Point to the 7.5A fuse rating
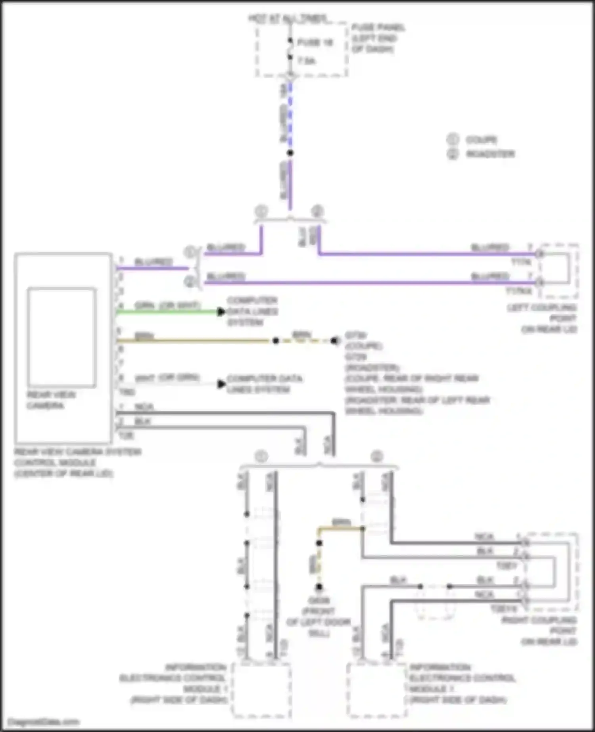pyautogui.click(x=306, y=61)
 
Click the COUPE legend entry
pyautogui.click(x=481, y=140)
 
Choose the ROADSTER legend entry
pyautogui.click(x=490, y=154)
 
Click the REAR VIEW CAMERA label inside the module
pyautogui.click(x=51, y=400)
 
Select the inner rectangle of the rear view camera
pyautogui.click(x=61, y=337)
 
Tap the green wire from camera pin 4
pyautogui.click(x=167, y=312)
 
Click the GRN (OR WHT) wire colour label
pyautogui.click(x=167, y=305)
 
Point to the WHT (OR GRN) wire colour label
pyautogui.click(x=167, y=377)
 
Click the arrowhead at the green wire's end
pyautogui.click(x=221, y=312)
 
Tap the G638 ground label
pyautogui.click(x=319, y=601)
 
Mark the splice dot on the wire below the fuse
pyautogui.click(x=290, y=153)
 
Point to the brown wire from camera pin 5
pyautogui.click(x=194, y=340)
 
